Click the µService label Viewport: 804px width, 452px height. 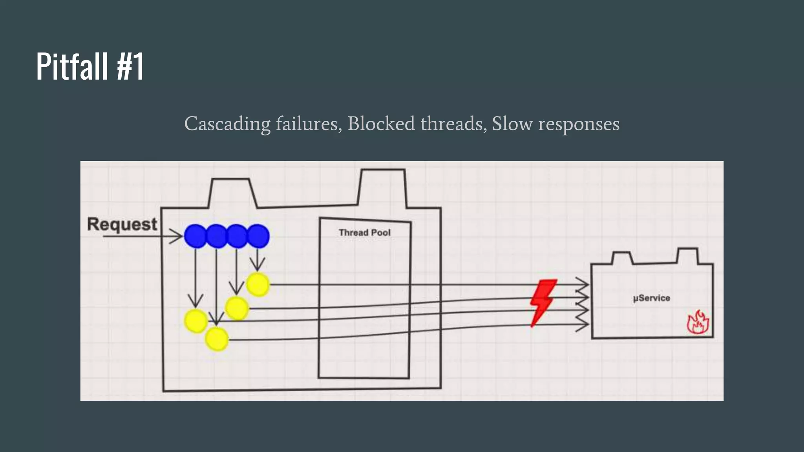click(x=651, y=298)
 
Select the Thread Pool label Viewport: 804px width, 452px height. click(x=364, y=233)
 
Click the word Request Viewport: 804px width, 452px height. click(x=122, y=224)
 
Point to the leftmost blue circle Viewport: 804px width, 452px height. click(x=195, y=236)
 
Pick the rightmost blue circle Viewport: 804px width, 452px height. click(x=258, y=236)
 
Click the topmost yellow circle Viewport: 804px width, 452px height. click(x=258, y=285)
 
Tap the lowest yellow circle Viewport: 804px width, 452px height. click(x=217, y=339)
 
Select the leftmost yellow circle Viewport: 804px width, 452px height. click(x=196, y=321)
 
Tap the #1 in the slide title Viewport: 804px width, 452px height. click(x=130, y=67)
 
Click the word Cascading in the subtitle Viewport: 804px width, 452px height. click(x=227, y=124)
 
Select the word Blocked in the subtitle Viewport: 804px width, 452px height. click(x=381, y=124)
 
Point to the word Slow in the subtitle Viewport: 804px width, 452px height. click(x=512, y=124)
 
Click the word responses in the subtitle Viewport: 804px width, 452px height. click(x=579, y=124)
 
